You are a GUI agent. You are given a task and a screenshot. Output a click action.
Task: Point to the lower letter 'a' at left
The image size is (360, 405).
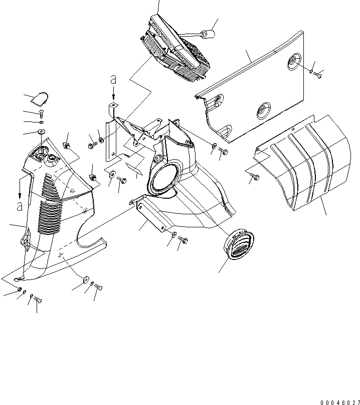20,206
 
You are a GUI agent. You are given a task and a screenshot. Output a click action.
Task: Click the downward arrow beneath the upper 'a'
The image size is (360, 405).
114,94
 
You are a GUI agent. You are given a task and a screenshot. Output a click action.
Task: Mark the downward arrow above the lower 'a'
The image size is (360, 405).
20,191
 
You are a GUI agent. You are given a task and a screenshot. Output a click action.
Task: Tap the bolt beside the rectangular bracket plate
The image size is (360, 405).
183,240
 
